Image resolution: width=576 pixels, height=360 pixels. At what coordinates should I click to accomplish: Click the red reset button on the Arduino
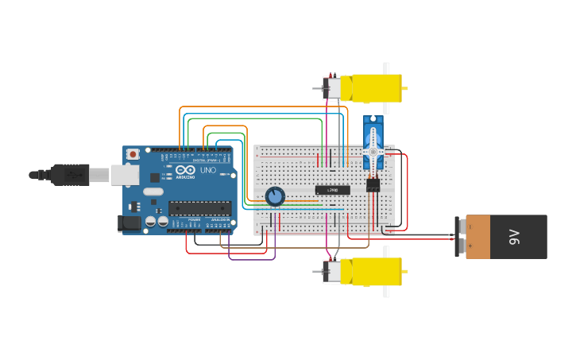(x=133, y=153)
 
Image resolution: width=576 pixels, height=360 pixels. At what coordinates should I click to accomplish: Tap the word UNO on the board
(x=207, y=170)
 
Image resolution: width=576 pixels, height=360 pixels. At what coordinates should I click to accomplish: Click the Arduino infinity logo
(x=185, y=170)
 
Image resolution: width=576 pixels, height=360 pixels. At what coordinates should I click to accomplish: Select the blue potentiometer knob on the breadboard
(x=275, y=196)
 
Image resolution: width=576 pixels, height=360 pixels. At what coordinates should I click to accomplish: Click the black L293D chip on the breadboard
(x=332, y=190)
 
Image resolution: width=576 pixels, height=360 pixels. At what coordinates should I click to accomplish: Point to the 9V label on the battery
(x=513, y=236)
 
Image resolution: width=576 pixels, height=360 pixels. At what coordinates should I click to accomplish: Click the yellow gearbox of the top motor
(x=376, y=87)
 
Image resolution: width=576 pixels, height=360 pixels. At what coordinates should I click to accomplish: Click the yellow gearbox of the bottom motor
(x=376, y=271)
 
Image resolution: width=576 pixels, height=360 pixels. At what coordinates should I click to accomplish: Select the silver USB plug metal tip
(x=99, y=174)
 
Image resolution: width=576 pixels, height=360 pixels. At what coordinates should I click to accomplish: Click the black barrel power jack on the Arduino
(x=130, y=224)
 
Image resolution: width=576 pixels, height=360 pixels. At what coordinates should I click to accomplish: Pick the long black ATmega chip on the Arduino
(x=199, y=208)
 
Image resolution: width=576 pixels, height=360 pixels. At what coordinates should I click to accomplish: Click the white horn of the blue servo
(x=373, y=151)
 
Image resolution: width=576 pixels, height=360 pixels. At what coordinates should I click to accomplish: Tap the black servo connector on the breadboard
(x=373, y=185)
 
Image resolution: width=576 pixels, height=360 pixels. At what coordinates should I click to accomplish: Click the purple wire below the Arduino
(x=252, y=259)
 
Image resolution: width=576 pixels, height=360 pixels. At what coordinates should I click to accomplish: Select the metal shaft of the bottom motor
(x=318, y=271)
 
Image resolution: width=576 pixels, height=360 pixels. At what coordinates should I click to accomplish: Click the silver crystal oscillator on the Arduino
(x=154, y=192)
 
